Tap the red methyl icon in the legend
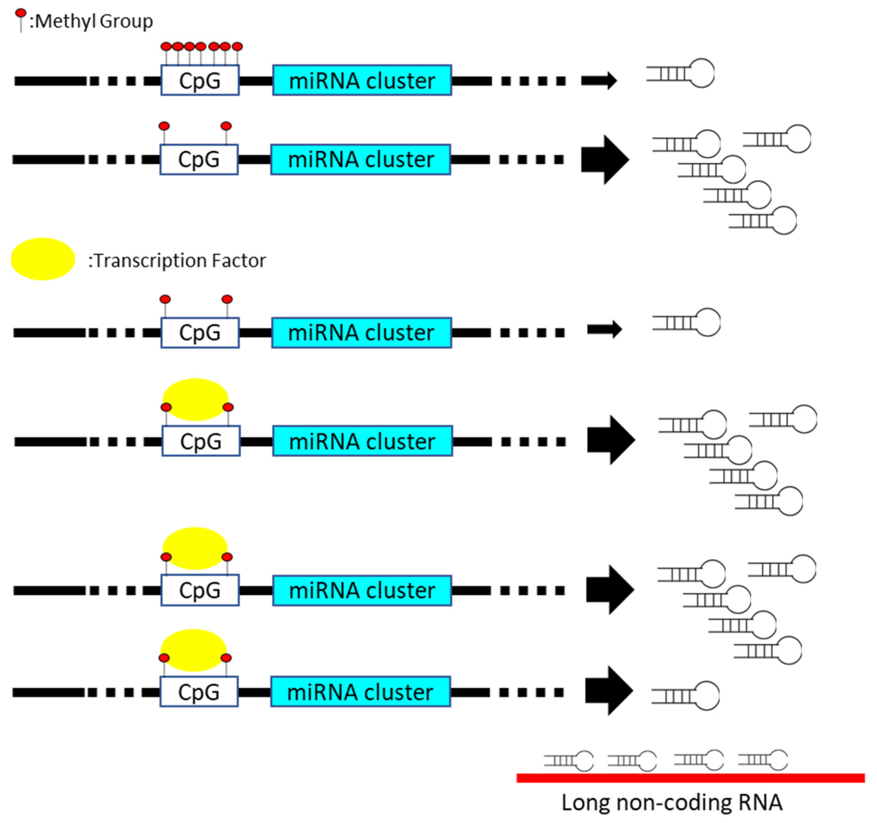coord(21,14)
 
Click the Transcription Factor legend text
coord(177,260)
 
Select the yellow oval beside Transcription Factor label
coord(43,259)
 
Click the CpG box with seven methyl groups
coord(200,81)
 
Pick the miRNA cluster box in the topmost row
coord(362,80)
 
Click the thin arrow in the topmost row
coord(599,80)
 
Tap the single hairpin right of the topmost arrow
coord(680,73)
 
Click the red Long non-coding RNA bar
coord(690,778)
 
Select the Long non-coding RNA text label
coord(672,803)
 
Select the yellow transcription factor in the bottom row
coord(194,650)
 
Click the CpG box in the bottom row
coord(199,692)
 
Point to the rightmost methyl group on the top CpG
coord(237,47)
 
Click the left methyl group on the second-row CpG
coord(164,126)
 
